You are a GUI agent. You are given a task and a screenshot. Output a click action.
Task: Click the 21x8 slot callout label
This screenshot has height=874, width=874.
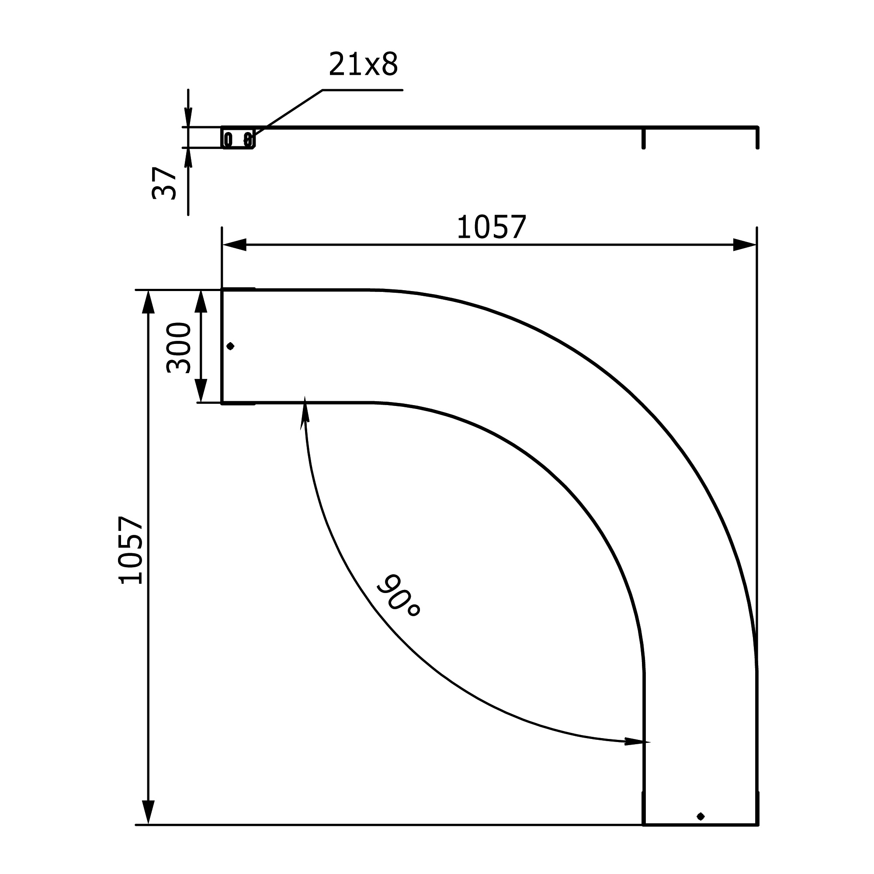point(363,64)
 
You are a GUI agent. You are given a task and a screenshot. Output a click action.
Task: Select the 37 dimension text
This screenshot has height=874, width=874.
point(164,183)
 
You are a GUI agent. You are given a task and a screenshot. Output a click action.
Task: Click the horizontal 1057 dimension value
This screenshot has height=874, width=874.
point(492,227)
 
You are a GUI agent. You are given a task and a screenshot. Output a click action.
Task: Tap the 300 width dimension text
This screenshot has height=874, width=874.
point(179,348)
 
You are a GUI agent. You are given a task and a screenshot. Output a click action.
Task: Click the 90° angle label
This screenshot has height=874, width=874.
point(399,595)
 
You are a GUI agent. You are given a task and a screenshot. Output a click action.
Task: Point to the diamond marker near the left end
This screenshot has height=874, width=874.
point(230,346)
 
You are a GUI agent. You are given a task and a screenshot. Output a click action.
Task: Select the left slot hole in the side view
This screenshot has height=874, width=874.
point(229,139)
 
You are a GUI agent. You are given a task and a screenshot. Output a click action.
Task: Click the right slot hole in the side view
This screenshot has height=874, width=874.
point(247,139)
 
